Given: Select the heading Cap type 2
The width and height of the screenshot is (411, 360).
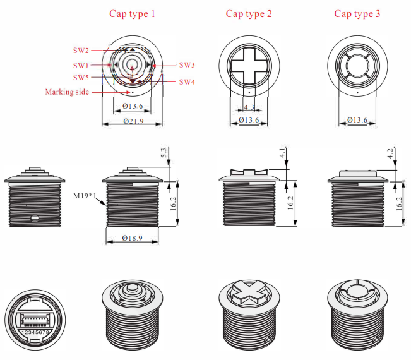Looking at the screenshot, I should tap(249, 14).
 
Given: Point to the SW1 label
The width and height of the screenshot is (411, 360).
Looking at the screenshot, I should tap(81, 65).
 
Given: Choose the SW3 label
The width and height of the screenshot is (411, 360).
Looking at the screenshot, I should tap(187, 64).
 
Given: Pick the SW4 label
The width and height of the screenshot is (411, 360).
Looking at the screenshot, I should tap(187, 82).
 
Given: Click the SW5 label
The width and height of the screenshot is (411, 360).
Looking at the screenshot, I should tap(81, 77).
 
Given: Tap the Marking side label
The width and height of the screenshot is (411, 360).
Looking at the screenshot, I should tap(67, 92).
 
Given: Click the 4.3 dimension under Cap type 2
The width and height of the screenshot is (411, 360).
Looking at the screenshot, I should tap(249, 107).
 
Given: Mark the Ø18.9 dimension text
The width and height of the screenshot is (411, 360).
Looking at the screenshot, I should tap(133, 238).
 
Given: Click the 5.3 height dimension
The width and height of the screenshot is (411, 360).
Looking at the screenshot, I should tap(164, 153).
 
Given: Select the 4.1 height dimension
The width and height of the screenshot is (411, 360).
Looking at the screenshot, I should tap(282, 153).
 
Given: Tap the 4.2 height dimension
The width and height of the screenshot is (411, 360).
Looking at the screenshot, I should tap(392, 153).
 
